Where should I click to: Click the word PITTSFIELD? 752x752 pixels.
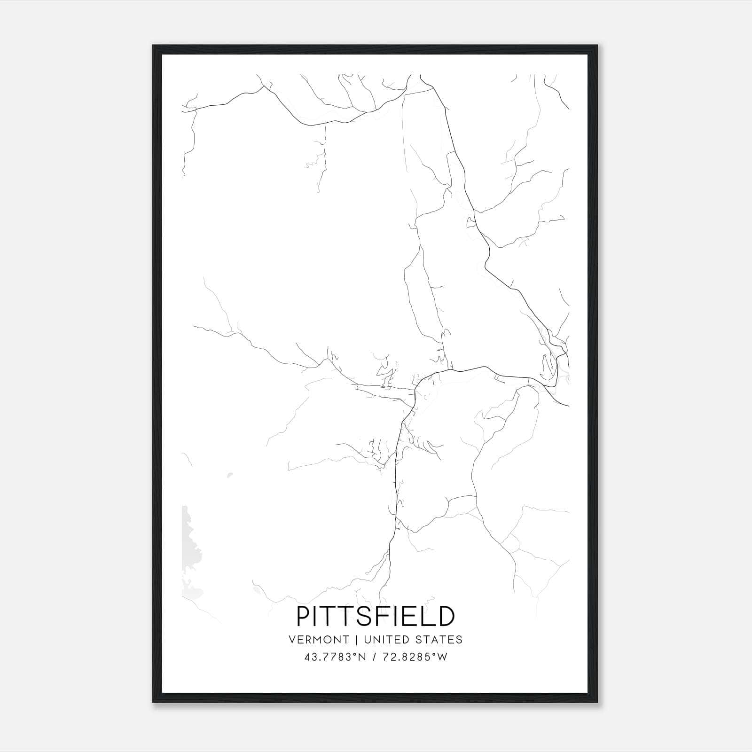(376, 616)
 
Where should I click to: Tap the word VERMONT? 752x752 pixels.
(319, 640)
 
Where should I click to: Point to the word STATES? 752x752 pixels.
(439, 640)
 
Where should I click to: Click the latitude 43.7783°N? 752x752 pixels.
(335, 657)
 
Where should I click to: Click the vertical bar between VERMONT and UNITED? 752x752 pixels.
(357, 640)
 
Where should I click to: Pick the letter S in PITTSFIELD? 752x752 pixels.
(365, 616)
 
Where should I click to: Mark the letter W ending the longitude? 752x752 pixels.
(442, 657)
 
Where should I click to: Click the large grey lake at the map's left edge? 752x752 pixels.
(191, 550)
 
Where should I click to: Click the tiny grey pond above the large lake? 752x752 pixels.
(229, 475)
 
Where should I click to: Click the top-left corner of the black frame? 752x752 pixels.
(153, 46)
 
